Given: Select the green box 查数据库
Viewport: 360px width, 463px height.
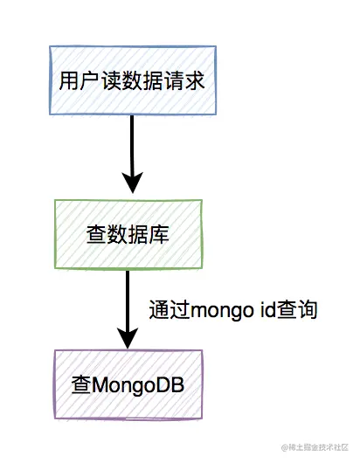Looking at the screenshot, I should pos(128,234).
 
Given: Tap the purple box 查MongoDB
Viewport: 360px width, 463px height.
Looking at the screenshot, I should pos(128,384).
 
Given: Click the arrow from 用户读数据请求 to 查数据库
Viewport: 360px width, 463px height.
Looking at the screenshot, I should pos(131,149).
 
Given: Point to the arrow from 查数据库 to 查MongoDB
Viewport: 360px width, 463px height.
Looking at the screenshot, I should pos(128,301).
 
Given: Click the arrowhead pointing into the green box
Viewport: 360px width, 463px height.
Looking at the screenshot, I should pos(131,183).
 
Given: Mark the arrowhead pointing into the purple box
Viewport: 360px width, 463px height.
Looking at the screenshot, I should pos(128,337).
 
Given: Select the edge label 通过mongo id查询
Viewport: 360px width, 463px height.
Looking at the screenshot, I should pos(232,310).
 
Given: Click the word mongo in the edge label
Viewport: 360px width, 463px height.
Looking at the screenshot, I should pos(214,311).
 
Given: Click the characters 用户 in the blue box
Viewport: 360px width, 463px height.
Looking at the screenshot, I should pos(74,81).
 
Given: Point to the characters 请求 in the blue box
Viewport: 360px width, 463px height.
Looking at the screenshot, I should pos(187,81).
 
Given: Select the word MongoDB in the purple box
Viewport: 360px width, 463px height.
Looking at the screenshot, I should pos(139,384).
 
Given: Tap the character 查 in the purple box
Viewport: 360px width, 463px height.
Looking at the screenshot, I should pos(80,384).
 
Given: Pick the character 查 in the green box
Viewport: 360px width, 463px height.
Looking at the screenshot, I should pos(96,234).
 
